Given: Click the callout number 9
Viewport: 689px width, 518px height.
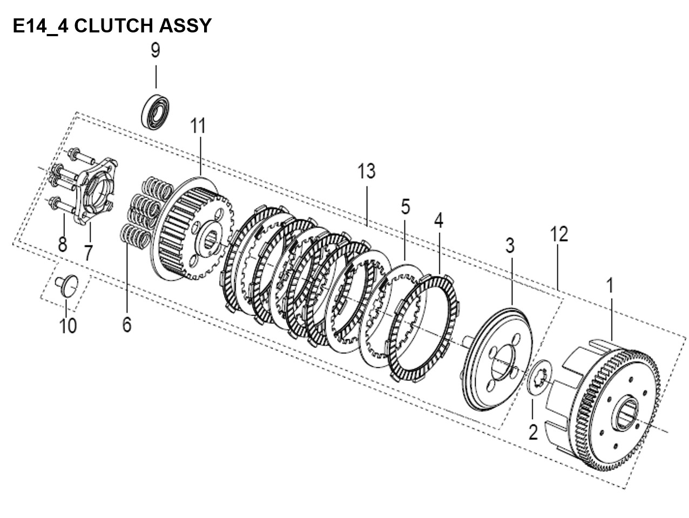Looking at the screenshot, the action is click(156, 50).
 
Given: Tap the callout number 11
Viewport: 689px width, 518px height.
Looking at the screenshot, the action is click(198, 126).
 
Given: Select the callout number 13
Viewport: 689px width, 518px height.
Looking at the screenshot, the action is click(366, 171).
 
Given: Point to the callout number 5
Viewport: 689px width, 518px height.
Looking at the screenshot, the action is click(405, 207).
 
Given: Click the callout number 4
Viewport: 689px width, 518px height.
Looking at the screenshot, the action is click(438, 220).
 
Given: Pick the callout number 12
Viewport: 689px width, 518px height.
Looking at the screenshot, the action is click(559, 234).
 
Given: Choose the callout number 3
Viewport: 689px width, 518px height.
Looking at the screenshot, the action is click(510, 246).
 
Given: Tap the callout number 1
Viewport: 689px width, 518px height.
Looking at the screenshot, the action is click(610, 285).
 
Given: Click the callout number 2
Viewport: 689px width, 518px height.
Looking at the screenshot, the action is click(533, 432).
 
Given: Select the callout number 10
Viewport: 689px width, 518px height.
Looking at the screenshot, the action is click(68, 326).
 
